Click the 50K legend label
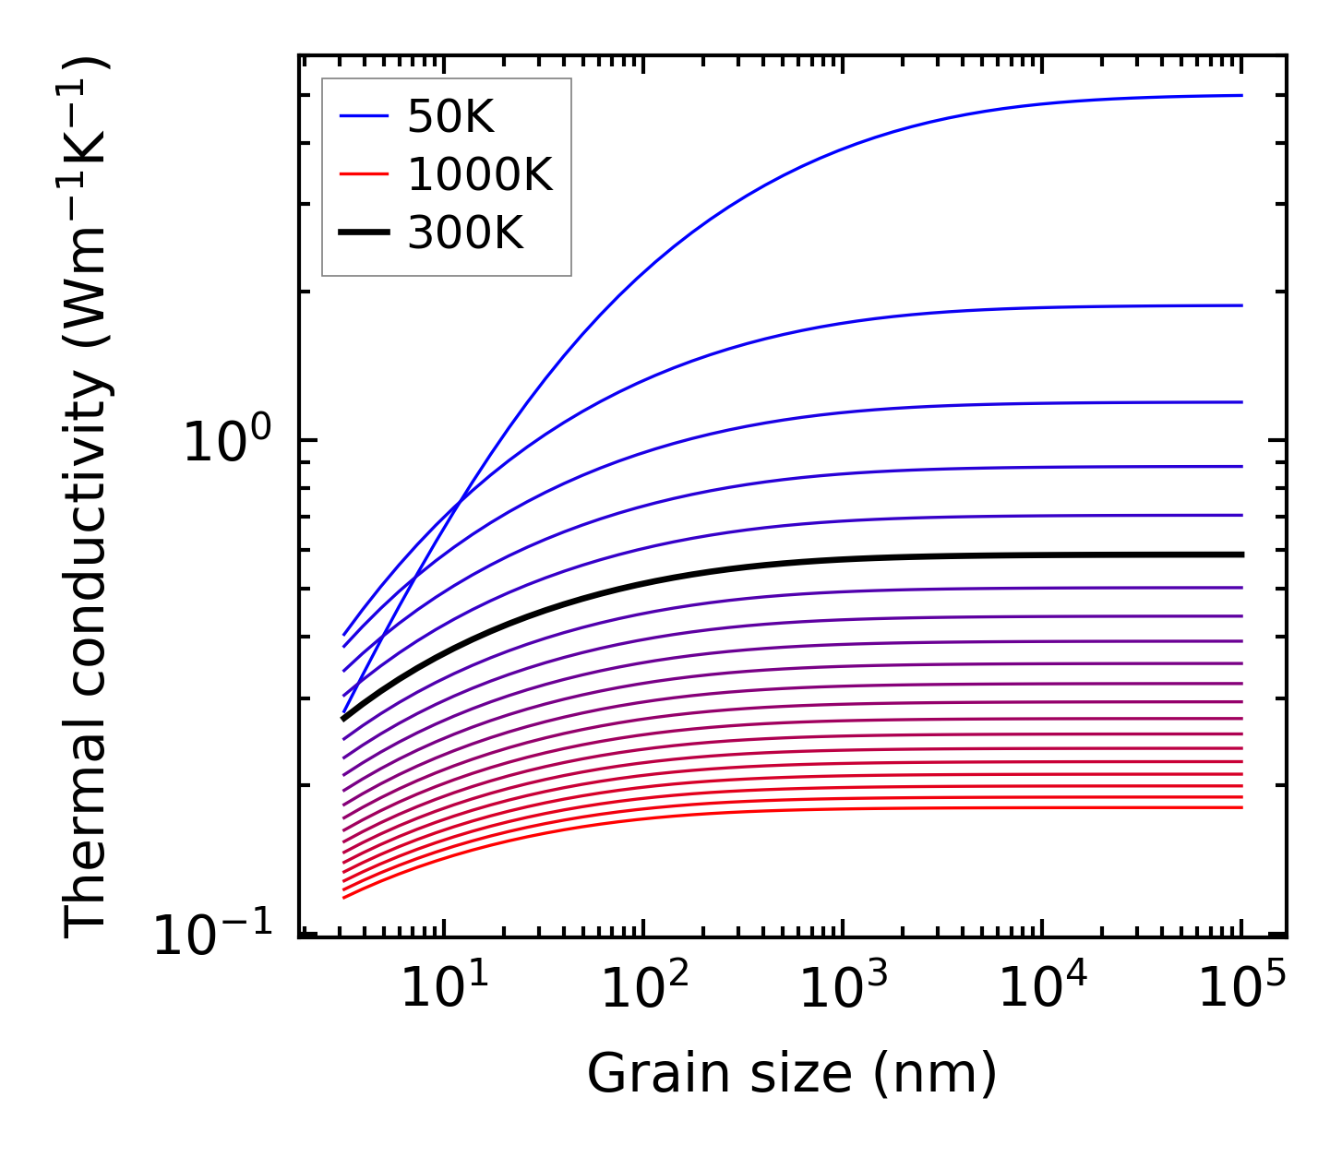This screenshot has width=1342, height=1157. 450,117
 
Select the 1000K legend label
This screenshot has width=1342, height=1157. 479,174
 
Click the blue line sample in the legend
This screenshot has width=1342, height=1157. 365,116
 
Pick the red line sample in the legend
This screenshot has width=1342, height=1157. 365,174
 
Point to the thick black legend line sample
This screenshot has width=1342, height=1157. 365,233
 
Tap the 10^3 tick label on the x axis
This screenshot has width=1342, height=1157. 843,987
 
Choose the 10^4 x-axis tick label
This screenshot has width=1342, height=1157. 1042,987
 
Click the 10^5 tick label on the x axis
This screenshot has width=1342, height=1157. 1241,987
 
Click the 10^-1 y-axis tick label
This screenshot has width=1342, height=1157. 212,934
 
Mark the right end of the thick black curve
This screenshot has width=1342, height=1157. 1242,555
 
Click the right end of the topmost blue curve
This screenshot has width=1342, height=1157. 1242,95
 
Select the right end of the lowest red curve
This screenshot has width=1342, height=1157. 1242,807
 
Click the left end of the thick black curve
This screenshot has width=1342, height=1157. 343,718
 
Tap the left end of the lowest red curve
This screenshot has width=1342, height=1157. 343,897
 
